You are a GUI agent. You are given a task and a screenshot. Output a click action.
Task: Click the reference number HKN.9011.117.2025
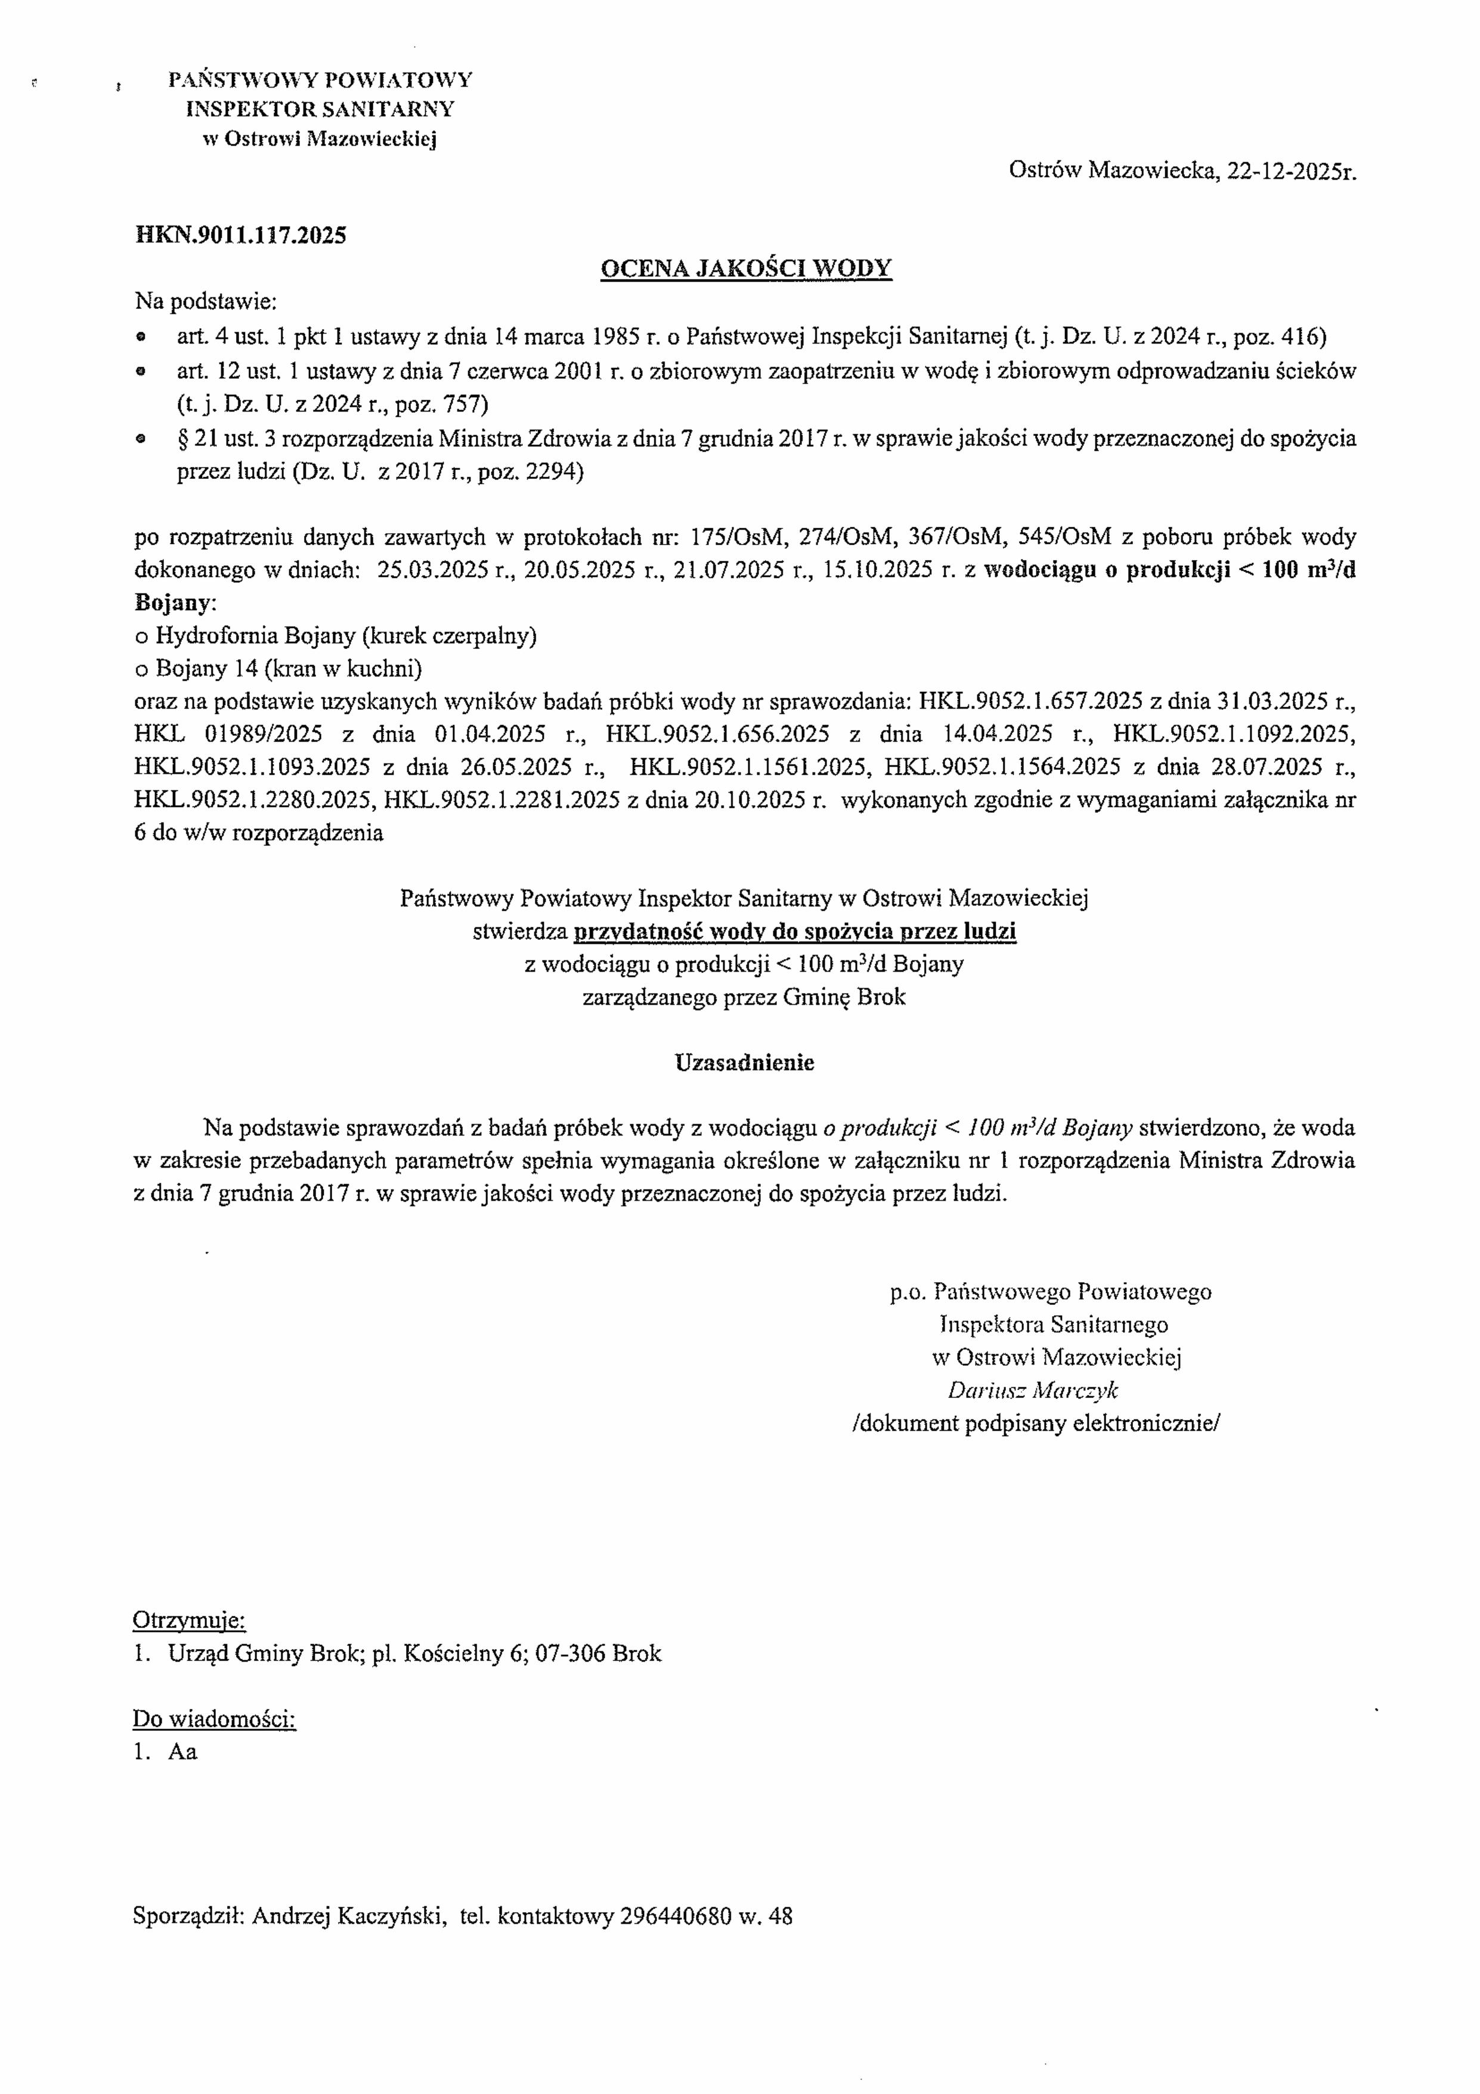point(241,236)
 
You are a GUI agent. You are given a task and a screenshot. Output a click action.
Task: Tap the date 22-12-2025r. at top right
point(1291,171)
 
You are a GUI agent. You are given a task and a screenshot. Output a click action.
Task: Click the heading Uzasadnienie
point(744,1062)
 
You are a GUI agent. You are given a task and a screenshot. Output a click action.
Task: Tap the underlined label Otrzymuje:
point(189,1620)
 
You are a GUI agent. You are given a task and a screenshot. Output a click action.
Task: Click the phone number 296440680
point(675,1916)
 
